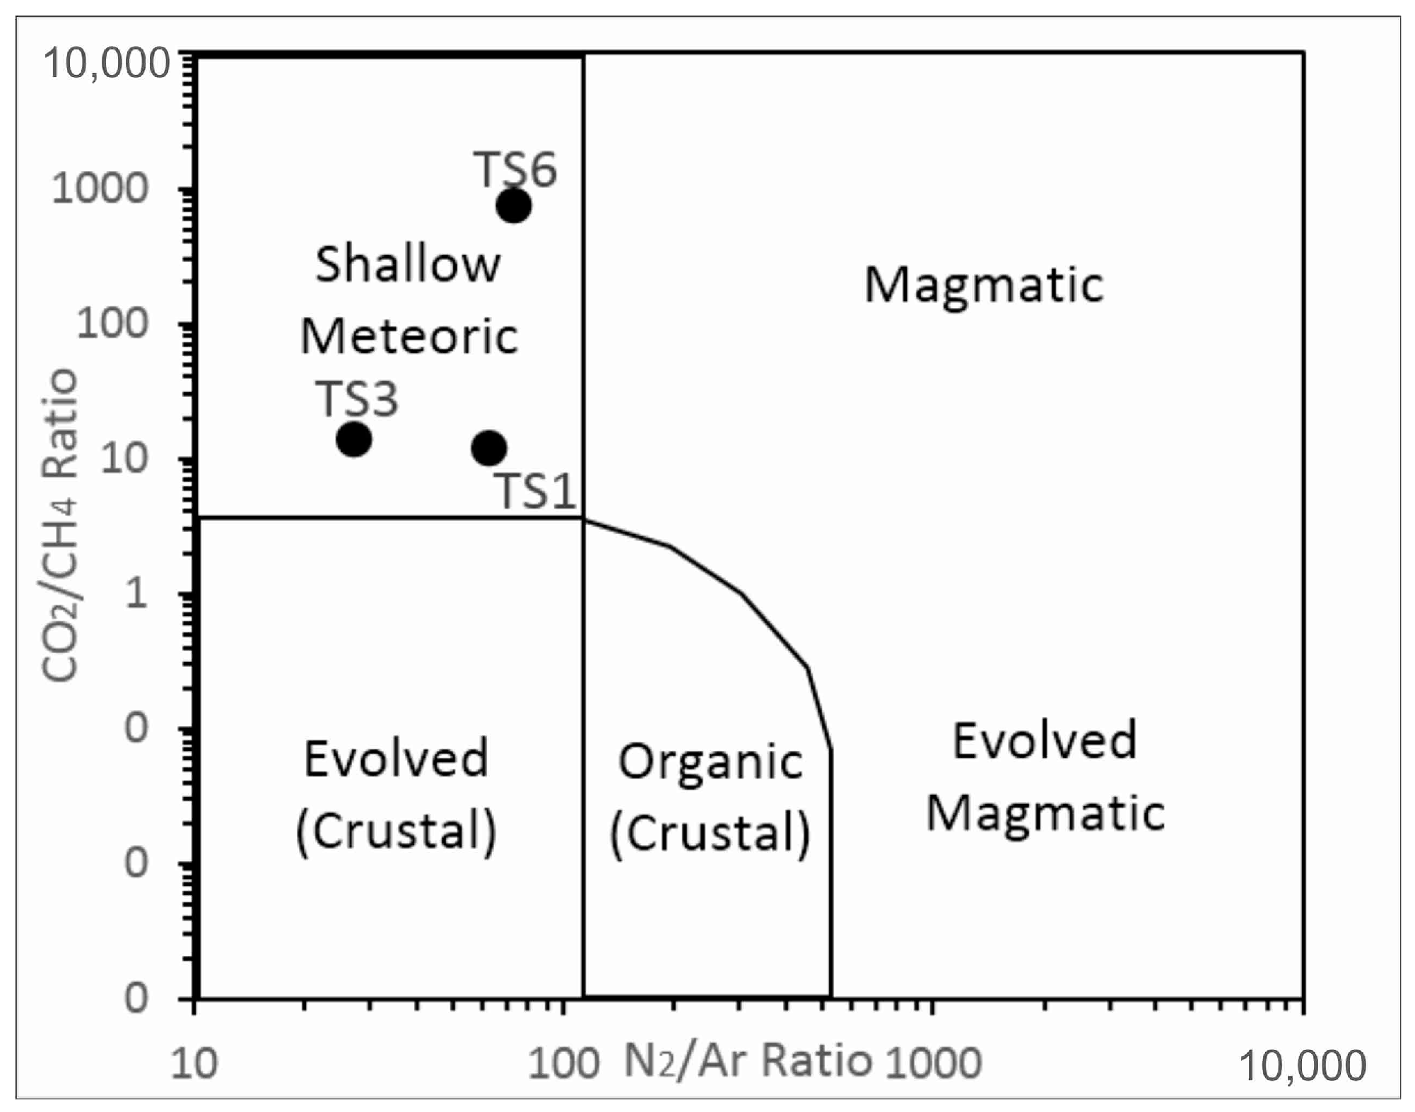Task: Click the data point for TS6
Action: pyautogui.click(x=514, y=206)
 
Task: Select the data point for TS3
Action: pyautogui.click(x=354, y=439)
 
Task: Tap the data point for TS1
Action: pyautogui.click(x=489, y=448)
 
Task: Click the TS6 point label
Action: pyautogui.click(x=515, y=170)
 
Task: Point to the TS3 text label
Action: pyautogui.click(x=357, y=398)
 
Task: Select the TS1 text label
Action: pyautogui.click(x=535, y=490)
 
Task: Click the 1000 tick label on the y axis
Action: pyautogui.click(x=100, y=189)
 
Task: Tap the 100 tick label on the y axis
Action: pyautogui.click(x=113, y=324)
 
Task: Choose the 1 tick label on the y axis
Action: pyautogui.click(x=136, y=593)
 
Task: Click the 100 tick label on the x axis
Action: pyautogui.click(x=563, y=1063)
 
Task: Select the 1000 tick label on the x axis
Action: pyautogui.click(x=934, y=1063)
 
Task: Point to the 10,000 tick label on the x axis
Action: pyautogui.click(x=1303, y=1065)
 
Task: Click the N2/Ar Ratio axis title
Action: pyautogui.click(x=747, y=1061)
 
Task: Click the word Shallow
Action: pyautogui.click(x=408, y=264)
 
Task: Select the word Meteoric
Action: pyautogui.click(x=409, y=336)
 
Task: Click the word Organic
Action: pyautogui.click(x=710, y=763)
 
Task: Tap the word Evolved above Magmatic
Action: pyautogui.click(x=1045, y=741)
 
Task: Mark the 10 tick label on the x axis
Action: pyautogui.click(x=194, y=1064)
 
